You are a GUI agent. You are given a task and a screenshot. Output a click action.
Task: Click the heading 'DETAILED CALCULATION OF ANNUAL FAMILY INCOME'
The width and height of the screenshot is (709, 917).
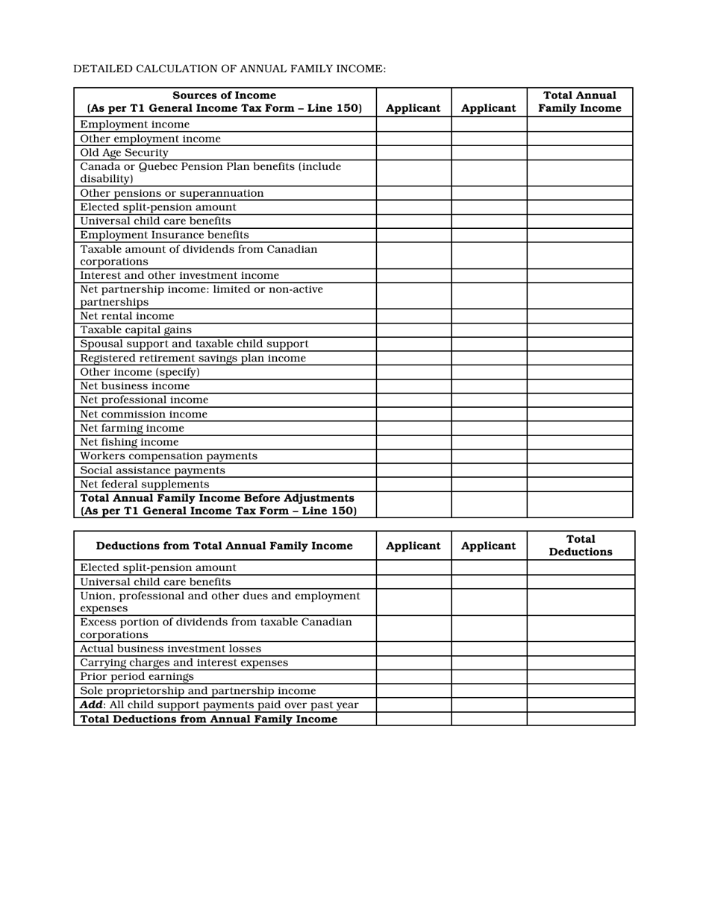[229, 69]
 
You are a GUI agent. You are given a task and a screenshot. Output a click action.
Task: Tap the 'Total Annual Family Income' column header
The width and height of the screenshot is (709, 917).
[579, 101]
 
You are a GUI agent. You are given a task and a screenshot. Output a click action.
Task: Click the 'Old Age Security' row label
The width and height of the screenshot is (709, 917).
[124, 153]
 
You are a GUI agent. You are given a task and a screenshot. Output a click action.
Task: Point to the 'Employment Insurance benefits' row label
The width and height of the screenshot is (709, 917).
[164, 235]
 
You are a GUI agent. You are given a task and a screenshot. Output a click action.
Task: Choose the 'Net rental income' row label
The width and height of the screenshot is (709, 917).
[127, 316]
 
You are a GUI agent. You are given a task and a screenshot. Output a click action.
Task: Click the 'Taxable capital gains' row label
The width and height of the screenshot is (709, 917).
[136, 330]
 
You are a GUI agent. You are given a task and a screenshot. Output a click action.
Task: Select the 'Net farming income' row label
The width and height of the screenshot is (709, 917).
[132, 429]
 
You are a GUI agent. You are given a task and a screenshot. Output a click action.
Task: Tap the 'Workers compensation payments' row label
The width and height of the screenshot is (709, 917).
[169, 456]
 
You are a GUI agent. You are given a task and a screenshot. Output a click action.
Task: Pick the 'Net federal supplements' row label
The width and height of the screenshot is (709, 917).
[145, 485]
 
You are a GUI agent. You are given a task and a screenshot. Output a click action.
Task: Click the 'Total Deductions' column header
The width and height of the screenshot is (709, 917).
[580, 546]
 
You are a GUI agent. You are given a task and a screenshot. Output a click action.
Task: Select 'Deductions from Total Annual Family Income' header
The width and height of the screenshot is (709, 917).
[224, 546]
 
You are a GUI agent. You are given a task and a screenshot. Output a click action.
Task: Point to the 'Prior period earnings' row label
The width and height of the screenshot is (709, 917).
[137, 677]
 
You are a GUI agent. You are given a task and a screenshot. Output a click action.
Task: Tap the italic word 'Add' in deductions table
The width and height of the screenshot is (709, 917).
[91, 705]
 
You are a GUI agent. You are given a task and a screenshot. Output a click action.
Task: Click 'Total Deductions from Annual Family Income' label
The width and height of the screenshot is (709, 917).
[208, 719]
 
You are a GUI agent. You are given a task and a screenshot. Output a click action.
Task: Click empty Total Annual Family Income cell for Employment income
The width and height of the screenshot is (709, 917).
[579, 125]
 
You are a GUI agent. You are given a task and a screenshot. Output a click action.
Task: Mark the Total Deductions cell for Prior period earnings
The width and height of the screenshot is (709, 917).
[580, 677]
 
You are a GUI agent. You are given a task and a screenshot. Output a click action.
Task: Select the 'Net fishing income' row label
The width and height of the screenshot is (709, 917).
[129, 442]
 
